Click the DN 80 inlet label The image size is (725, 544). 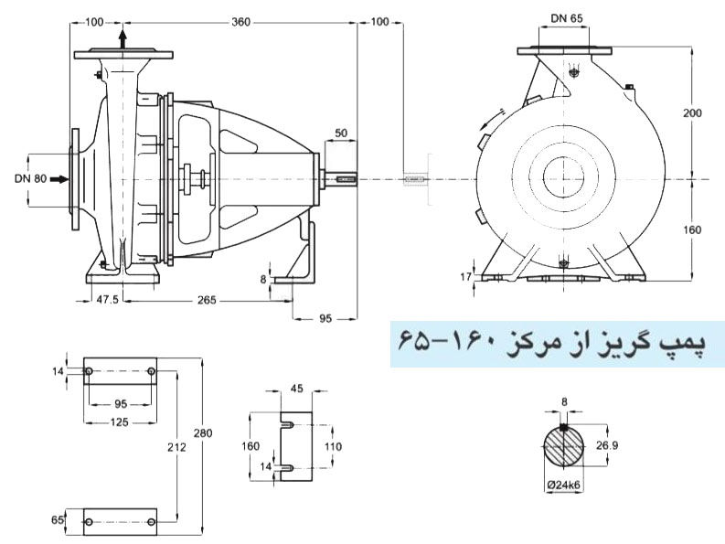30,179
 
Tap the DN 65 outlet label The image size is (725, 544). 569,17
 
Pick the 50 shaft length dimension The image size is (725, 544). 340,133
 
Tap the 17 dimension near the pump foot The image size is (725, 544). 466,275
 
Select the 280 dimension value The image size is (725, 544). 211,432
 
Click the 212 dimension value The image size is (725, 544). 177,448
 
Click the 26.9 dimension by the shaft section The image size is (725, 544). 620,446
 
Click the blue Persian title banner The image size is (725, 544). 557,343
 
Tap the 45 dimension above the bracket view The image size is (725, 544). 296,388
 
